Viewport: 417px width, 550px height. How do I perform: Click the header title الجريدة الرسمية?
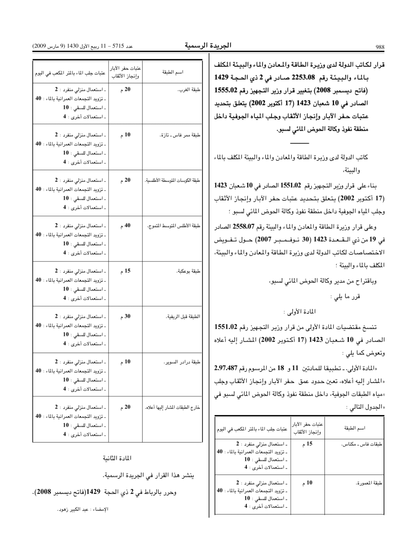[x=208, y=45]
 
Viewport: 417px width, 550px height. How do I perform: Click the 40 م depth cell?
[x=125, y=226]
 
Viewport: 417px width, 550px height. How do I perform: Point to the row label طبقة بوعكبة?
[x=188, y=271]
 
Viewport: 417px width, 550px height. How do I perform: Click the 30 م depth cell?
[x=125, y=317]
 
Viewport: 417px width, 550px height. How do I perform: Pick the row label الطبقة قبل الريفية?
[x=183, y=317]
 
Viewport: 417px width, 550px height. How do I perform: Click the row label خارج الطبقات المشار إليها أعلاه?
[x=172, y=407]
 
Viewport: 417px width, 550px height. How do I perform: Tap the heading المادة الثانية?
[x=117, y=458]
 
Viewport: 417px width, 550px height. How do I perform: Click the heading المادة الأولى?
[x=300, y=312]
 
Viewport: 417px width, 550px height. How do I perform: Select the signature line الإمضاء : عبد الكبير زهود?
[x=83, y=509]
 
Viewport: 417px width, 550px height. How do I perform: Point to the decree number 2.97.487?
[x=226, y=368]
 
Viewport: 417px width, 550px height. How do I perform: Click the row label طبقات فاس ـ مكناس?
[x=362, y=444]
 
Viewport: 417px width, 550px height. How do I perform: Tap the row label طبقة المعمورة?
[x=369, y=483]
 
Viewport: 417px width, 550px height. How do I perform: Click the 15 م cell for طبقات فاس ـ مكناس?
[x=307, y=444]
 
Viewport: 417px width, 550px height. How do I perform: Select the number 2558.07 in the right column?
[x=244, y=226]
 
